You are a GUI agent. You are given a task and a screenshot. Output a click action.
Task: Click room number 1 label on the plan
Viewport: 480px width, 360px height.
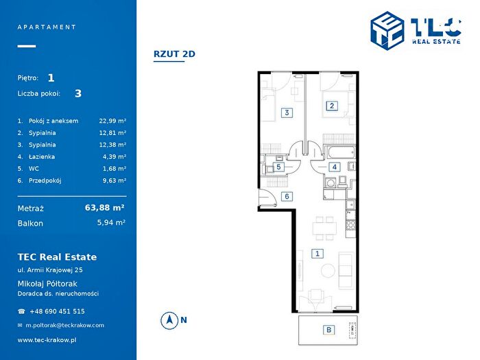coord(317,254)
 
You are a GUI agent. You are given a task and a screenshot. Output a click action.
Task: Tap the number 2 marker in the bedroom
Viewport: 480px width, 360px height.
coord(332,106)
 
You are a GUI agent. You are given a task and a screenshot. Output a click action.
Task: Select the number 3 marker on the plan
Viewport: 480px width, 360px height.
coord(287,112)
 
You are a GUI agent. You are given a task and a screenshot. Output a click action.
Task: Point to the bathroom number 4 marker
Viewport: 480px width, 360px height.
coord(335,167)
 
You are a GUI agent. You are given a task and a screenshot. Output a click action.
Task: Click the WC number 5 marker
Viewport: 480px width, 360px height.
coord(278,167)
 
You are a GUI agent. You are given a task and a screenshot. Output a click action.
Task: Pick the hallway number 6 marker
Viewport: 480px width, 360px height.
coord(287,196)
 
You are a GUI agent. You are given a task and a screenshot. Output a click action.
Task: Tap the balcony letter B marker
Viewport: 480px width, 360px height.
coord(328,330)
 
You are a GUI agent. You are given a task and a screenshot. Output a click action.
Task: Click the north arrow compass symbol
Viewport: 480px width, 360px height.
coord(169,320)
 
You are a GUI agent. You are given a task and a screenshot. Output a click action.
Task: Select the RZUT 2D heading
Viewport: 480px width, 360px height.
coord(174,54)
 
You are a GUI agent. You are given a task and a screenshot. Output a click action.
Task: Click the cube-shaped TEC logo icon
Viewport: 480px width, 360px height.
coord(387,31)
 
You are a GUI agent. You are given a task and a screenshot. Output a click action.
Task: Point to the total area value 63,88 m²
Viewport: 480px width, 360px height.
coord(104,208)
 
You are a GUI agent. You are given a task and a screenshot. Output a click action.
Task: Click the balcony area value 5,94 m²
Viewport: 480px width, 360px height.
coord(111,223)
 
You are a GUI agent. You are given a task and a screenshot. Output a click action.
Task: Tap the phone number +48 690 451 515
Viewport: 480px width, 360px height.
coord(57,311)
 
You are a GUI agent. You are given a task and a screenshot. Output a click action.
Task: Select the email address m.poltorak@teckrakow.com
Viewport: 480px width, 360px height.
coord(65,326)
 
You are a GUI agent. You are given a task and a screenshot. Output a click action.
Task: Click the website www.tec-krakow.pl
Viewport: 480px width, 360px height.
coord(47,340)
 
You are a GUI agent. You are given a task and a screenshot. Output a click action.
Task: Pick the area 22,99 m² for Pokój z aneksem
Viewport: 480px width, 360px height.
coord(112,121)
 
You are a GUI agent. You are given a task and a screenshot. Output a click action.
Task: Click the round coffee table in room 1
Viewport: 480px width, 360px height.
coord(328,271)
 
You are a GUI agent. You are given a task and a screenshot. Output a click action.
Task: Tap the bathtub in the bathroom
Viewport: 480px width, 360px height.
coord(340,152)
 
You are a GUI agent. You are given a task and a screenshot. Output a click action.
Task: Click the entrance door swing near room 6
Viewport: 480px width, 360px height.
coord(267,198)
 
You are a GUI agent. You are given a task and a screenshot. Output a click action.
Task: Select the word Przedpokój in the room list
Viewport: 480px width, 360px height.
coord(45,180)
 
